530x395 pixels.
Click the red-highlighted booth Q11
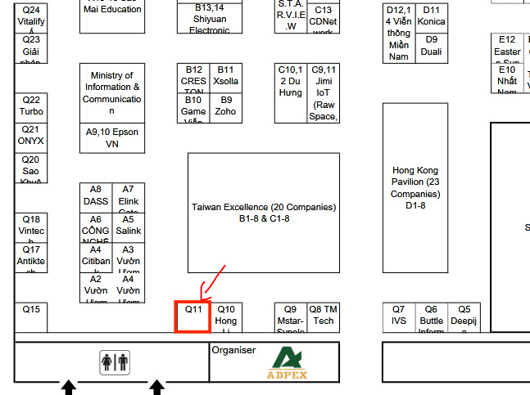[193, 316]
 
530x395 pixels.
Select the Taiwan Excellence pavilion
[264, 213]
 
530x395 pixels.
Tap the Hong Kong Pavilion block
[415, 188]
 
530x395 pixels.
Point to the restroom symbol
[114, 362]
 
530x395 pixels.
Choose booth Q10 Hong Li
[226, 316]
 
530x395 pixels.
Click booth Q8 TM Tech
[323, 316]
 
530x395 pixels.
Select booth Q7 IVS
[399, 316]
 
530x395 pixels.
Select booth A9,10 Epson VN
[111, 137]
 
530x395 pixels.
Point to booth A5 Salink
[128, 227]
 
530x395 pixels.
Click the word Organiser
[233, 350]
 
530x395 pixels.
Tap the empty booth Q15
[31, 316]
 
